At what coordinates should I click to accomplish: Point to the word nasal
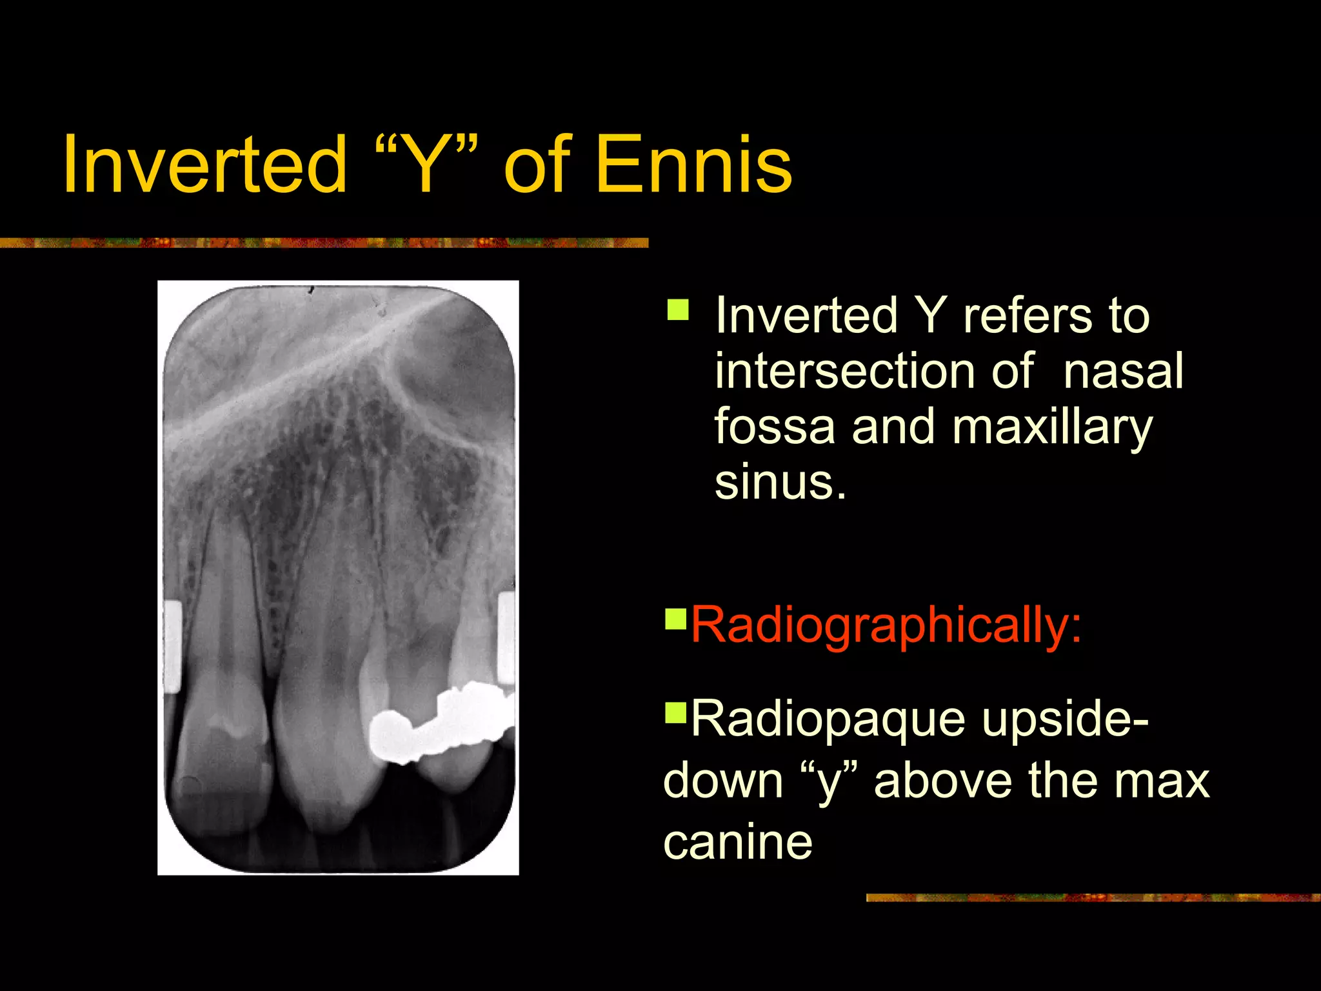click(x=1123, y=372)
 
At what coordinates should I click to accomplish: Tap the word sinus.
click(x=779, y=482)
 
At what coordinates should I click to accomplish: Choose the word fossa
click(x=774, y=426)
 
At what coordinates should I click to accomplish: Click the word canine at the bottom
click(x=738, y=842)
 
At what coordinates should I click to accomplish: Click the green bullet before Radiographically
click(x=675, y=618)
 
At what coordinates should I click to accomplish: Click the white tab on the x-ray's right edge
click(x=506, y=637)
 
